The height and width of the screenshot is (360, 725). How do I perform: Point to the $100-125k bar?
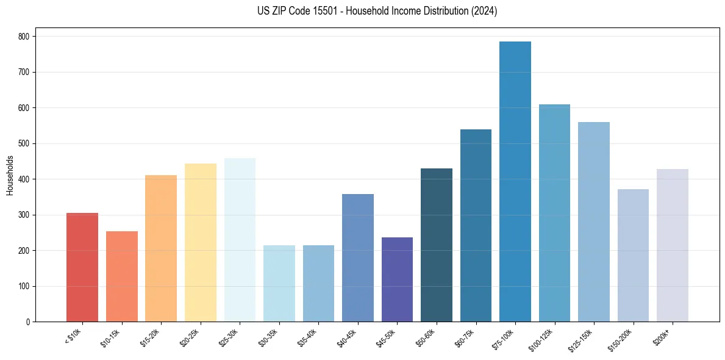(554, 213)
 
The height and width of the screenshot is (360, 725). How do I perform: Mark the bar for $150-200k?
(633, 256)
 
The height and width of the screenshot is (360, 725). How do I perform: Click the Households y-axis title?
(10, 175)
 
